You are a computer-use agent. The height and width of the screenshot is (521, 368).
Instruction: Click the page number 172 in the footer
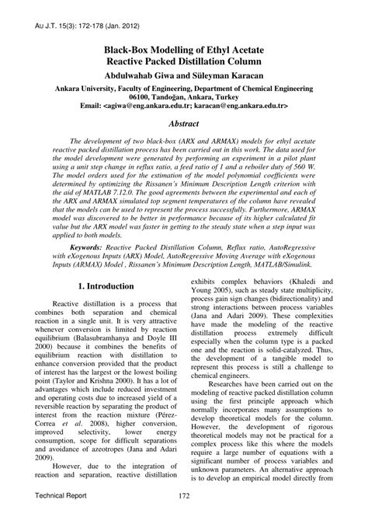coord(184,496)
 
